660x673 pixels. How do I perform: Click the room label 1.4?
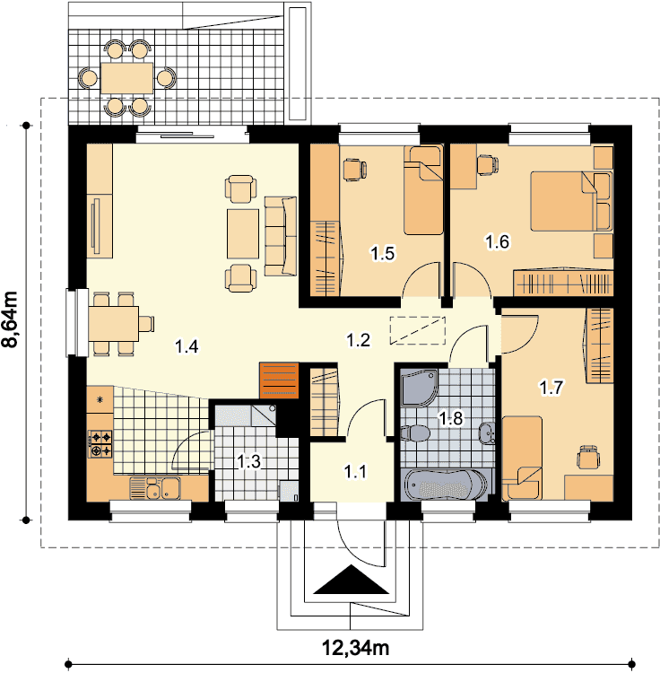click(x=187, y=346)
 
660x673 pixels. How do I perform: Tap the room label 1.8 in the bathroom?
click(x=451, y=417)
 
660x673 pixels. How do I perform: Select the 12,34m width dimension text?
click(x=355, y=647)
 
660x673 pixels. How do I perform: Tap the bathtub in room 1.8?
click(x=445, y=485)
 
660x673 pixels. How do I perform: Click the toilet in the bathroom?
click(x=415, y=433)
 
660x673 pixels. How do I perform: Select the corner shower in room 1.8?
click(x=419, y=387)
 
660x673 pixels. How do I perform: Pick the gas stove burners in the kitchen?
click(x=100, y=444)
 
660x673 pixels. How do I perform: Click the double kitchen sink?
click(x=155, y=488)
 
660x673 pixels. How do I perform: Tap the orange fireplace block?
click(x=279, y=380)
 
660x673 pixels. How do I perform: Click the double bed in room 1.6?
click(x=571, y=201)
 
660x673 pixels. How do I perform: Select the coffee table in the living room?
click(x=243, y=233)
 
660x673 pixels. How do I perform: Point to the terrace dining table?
click(x=127, y=78)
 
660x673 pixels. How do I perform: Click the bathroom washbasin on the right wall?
click(x=487, y=433)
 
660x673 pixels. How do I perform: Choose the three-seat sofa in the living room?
click(x=281, y=236)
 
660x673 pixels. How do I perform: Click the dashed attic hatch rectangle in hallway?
click(x=418, y=330)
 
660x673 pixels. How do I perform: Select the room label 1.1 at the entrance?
click(x=355, y=472)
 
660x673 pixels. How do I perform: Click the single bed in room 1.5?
click(x=423, y=189)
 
